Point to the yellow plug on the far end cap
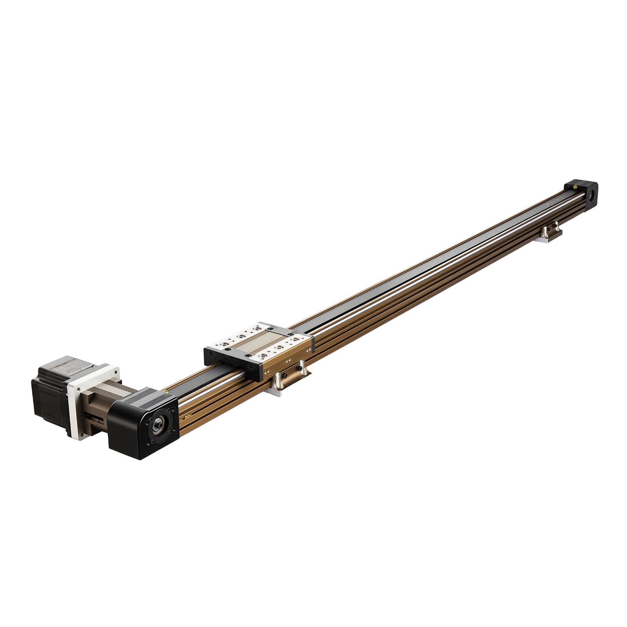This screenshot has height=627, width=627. (574, 188)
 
